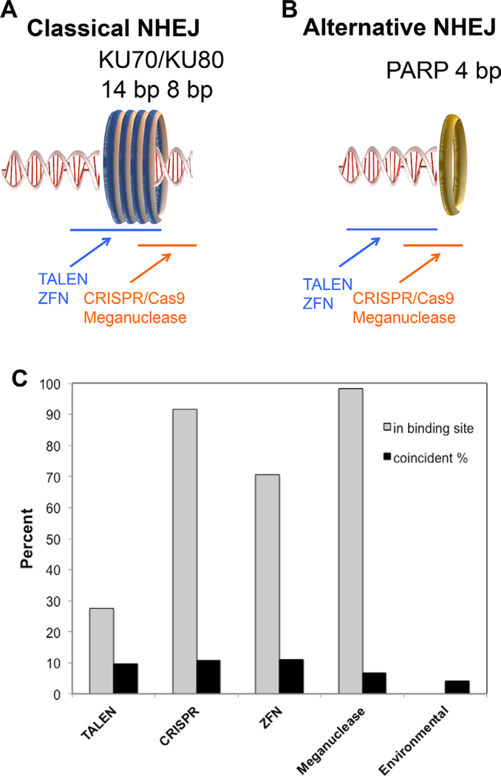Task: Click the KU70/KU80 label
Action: click(x=153, y=60)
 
